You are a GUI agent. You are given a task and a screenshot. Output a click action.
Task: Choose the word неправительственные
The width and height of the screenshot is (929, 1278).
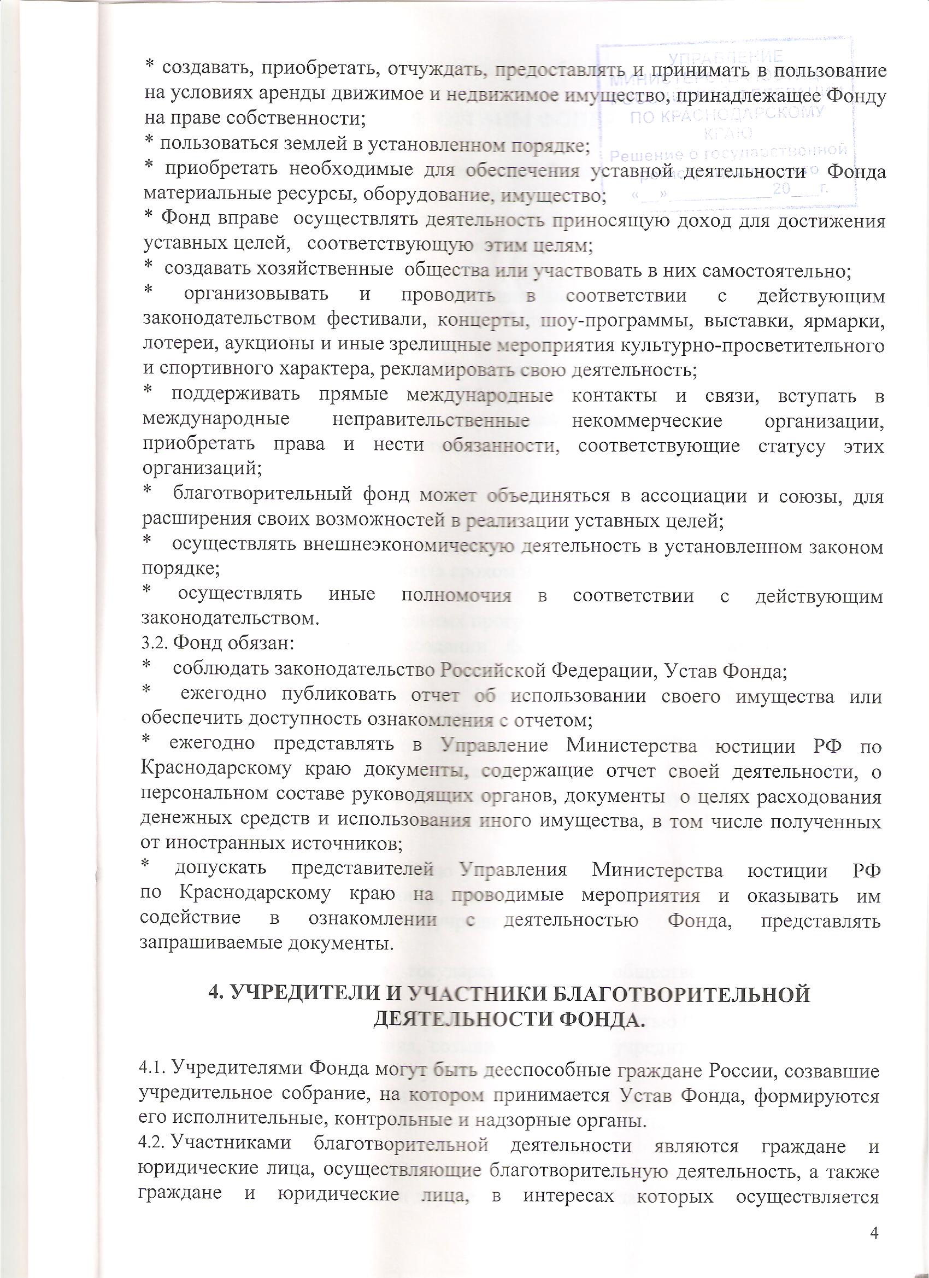[431, 420]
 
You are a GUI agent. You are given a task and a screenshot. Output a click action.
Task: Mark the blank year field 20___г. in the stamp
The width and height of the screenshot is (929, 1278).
[801, 189]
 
